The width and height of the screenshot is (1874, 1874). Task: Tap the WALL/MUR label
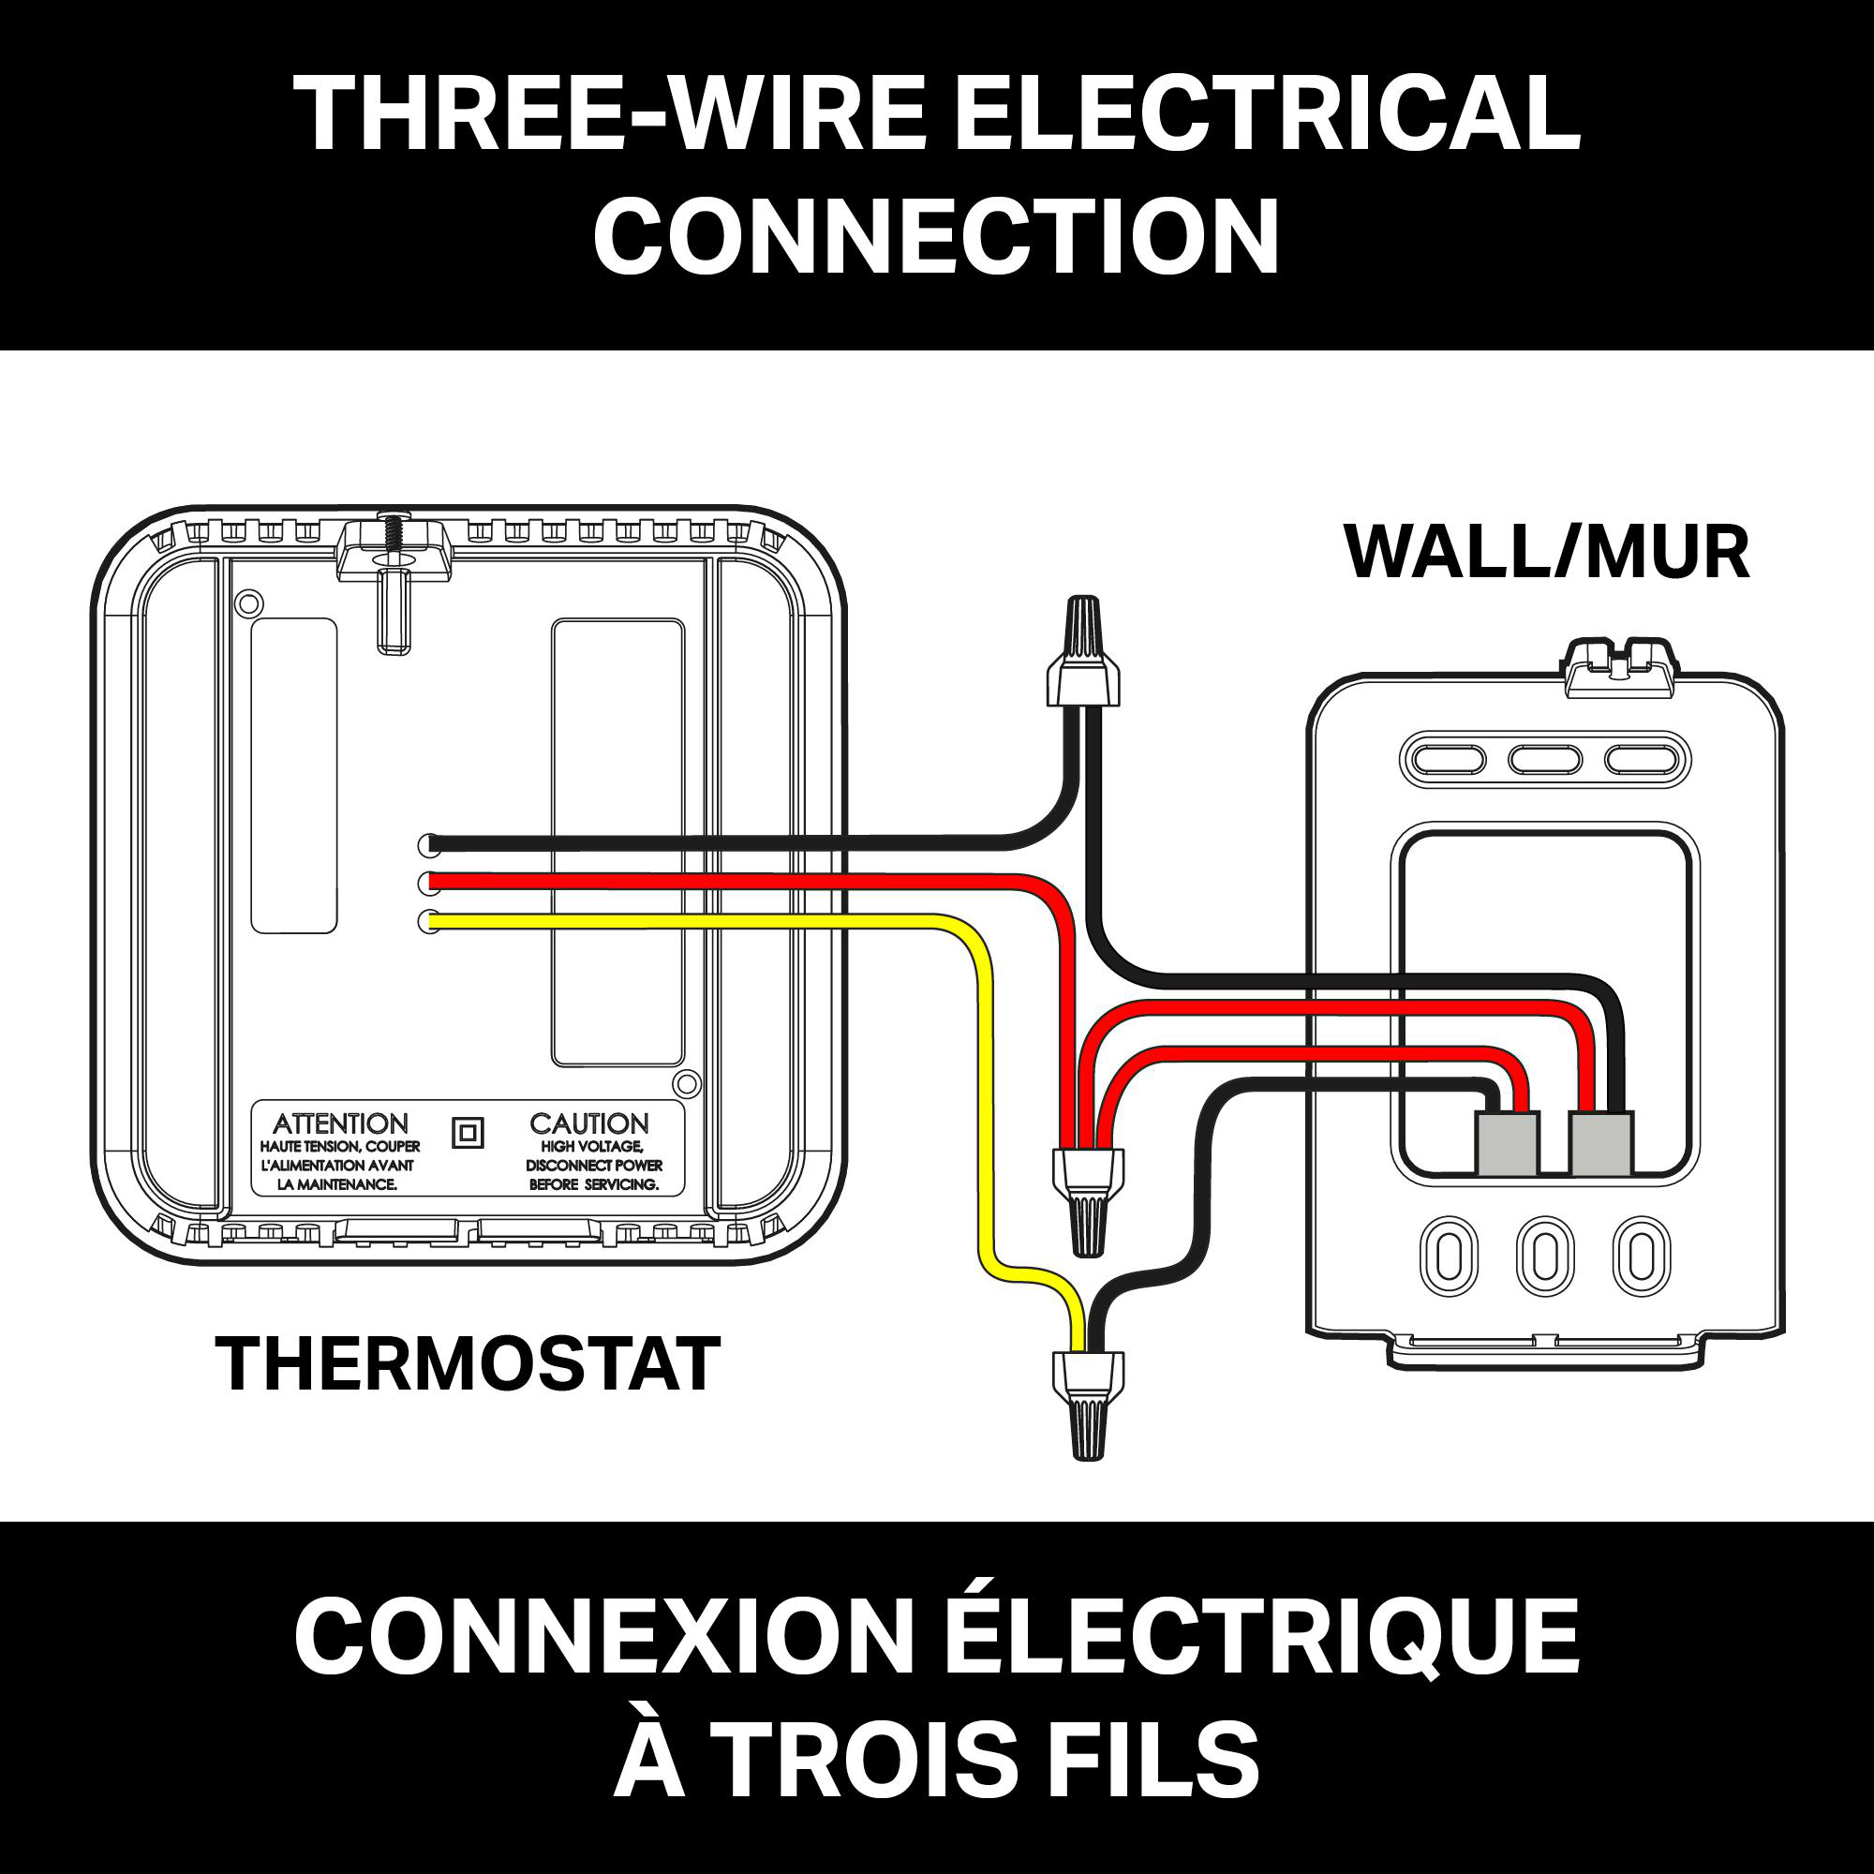pyautogui.click(x=1547, y=552)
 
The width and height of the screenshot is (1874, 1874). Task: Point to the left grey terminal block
pyautogui.click(x=1508, y=1142)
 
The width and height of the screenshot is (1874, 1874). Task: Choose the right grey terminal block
pyautogui.click(x=1601, y=1142)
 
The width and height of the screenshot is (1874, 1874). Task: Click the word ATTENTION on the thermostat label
pyautogui.click(x=340, y=1123)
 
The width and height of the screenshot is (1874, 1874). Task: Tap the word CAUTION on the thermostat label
pyautogui.click(x=588, y=1123)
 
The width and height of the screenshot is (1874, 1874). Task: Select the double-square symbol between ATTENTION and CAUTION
pyautogui.click(x=468, y=1133)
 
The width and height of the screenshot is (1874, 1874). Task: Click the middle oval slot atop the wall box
pyautogui.click(x=1546, y=757)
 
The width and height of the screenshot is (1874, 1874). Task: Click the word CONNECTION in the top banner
pyautogui.click(x=936, y=236)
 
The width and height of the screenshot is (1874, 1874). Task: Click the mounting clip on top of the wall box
pyautogui.click(x=1620, y=665)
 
